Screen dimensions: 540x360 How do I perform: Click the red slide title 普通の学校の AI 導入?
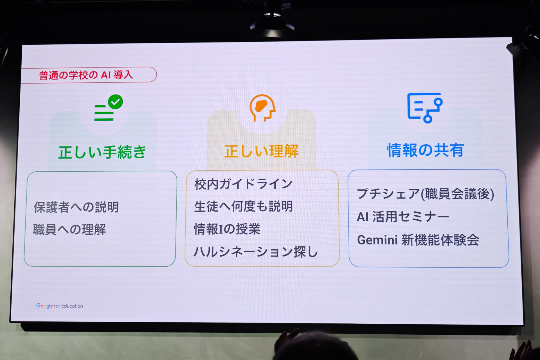point(86,75)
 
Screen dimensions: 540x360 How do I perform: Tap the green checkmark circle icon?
point(115,102)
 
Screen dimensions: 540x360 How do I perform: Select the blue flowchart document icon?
point(425,108)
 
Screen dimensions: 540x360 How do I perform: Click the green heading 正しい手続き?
point(102,152)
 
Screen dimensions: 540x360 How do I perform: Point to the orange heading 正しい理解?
point(261,151)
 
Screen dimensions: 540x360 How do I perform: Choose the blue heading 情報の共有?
point(425,150)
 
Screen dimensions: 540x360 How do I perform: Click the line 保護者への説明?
point(76,207)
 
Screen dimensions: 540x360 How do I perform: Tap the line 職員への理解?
point(69,229)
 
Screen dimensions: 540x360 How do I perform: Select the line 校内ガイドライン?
point(244,184)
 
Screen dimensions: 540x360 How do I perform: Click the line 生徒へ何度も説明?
point(244,206)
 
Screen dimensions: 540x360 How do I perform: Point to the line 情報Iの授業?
point(227,229)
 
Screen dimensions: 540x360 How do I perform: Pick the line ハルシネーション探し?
point(256,252)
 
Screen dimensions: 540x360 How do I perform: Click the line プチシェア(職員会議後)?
point(426,194)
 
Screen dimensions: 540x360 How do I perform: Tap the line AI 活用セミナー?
point(403,217)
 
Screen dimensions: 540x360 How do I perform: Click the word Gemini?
point(377,240)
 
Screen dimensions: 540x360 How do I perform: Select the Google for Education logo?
point(60,306)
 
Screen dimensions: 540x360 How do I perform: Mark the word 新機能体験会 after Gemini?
point(440,240)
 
